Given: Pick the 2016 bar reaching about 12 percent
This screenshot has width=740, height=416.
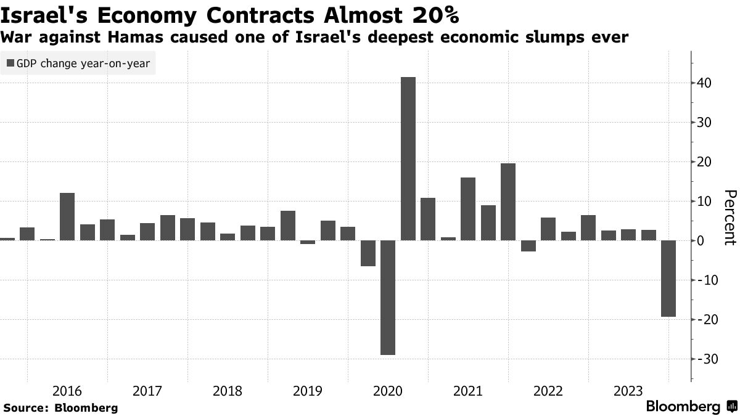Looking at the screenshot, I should tap(67, 216).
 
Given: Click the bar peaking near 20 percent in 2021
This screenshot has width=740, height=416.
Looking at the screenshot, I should tap(508, 202).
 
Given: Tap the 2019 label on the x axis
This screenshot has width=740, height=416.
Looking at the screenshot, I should tap(308, 391).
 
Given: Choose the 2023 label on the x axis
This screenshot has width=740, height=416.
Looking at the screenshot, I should tap(628, 391).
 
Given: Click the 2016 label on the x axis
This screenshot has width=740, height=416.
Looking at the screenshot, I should tap(67, 391).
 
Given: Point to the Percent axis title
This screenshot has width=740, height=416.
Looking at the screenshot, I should tap(730, 218).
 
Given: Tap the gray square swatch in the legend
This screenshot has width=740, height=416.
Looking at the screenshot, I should tap(10, 63).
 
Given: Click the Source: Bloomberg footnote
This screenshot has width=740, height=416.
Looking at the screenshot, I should tap(60, 407).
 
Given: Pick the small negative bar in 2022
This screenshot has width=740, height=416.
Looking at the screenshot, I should tap(528, 246).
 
